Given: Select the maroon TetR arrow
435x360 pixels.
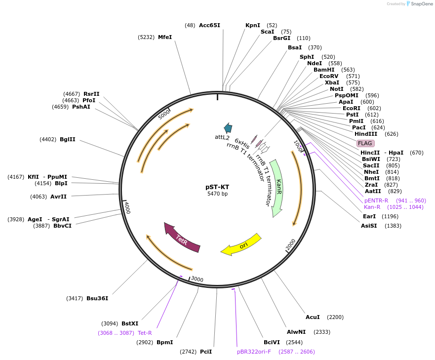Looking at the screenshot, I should click(182, 238).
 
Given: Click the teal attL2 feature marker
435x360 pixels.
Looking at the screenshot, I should click(228, 128).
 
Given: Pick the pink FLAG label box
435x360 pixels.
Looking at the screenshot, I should click(365, 143).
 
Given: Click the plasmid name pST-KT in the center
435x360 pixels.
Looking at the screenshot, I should click(217, 187).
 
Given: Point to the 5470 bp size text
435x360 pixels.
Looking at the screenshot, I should click(217, 194).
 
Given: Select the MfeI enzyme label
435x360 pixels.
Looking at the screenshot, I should click(165, 37).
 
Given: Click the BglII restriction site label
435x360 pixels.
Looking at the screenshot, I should click(68, 140).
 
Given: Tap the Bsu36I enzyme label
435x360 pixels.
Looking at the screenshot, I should click(97, 298).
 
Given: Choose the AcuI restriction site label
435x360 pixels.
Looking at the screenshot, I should click(313, 317).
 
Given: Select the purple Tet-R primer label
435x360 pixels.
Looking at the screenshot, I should click(145, 333).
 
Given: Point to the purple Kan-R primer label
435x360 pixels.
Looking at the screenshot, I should click(372, 207).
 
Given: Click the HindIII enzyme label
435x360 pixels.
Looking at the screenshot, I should click(366, 134).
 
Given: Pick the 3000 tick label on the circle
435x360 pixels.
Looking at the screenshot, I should click(197, 280).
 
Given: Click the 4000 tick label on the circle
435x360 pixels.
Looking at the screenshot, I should click(127, 207).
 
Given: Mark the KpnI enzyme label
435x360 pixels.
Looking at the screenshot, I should click(253, 25).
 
